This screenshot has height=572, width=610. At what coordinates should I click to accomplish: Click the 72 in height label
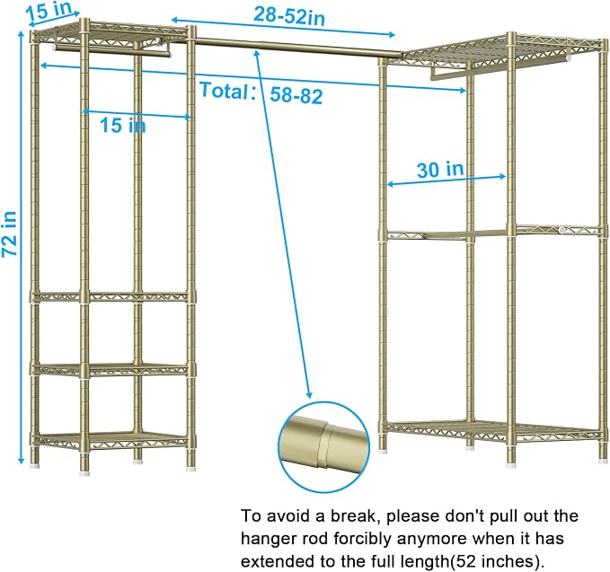coord(9,233)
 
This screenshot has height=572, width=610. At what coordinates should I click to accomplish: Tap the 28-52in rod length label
coord(289,16)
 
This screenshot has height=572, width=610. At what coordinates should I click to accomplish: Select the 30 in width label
coord(440,170)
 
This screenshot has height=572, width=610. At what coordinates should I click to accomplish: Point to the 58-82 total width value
coord(296,95)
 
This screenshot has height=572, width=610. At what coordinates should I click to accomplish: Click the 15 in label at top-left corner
coord(49,11)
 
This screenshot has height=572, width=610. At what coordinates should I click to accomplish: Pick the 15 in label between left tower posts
coord(123,125)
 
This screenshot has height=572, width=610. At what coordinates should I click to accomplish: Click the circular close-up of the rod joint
coord(323,447)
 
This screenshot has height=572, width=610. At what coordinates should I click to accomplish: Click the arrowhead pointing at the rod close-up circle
coord(309,394)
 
